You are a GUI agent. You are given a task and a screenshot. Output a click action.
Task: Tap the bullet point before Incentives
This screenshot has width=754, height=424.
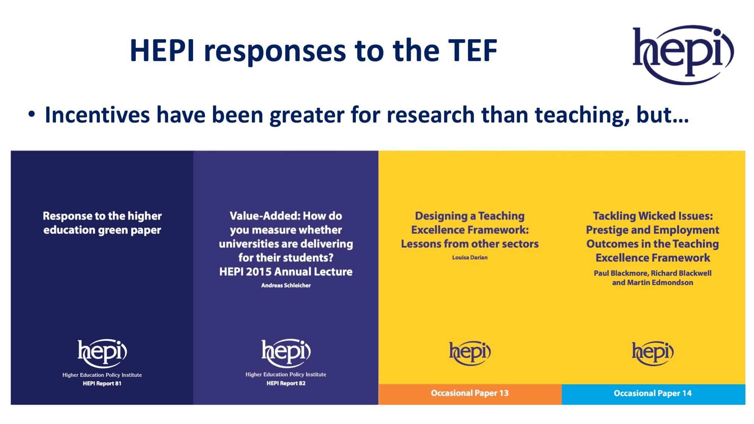32,114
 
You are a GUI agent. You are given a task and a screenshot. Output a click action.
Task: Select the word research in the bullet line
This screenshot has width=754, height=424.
431,115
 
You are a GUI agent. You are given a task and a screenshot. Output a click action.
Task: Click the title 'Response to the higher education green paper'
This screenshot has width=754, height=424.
102,223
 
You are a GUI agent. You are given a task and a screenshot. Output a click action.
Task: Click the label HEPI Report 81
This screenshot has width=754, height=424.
102,384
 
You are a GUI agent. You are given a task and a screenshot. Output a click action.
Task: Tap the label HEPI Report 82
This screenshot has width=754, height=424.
286,383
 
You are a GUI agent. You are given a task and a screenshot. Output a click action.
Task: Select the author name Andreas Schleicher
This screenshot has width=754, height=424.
286,285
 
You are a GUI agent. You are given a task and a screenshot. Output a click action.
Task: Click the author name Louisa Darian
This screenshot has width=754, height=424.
470,257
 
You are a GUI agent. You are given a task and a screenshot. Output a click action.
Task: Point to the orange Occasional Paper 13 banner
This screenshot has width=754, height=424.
470,394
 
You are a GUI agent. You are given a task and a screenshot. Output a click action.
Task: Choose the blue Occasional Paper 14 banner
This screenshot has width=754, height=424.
653,394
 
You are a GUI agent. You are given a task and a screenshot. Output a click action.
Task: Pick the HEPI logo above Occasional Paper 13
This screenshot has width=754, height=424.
470,353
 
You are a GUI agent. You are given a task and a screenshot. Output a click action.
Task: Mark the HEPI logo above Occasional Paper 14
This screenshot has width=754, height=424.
653,353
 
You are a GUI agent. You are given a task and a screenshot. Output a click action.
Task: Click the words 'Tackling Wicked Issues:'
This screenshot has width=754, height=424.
653,216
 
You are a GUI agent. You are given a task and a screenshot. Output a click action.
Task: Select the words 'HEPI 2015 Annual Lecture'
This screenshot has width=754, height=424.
286,272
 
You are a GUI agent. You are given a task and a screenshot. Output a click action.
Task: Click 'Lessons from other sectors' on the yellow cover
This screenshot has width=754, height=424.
470,244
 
